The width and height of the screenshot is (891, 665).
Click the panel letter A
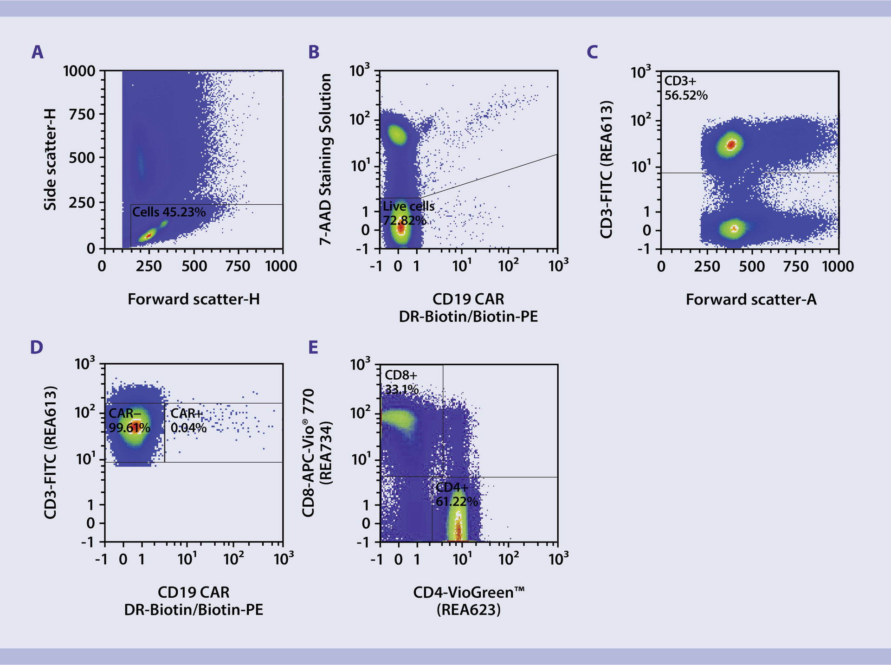point(37,52)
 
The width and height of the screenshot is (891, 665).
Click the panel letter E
point(313,347)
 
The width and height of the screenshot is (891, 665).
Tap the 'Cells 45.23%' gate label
point(168,212)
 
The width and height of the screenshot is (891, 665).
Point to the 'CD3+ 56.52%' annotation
point(685,88)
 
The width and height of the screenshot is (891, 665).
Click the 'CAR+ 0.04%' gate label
point(188,420)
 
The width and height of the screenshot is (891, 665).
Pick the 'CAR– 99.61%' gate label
point(129,420)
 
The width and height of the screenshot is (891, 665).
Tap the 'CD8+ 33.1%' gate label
point(402,382)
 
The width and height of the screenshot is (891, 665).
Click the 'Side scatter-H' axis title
point(50,159)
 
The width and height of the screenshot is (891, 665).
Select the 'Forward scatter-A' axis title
point(750,299)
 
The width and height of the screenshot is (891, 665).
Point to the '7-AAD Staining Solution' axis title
point(326,159)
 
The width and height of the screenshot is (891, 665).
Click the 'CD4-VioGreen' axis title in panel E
point(468,593)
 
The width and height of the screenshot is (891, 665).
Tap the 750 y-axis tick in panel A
point(82,114)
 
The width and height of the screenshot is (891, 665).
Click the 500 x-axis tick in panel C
point(751,266)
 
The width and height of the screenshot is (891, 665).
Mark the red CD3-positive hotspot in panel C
point(731,145)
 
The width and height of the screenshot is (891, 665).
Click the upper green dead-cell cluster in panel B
point(397,135)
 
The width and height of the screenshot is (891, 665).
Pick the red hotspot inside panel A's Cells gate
point(148,235)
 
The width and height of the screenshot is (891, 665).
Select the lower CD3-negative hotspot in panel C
point(734,228)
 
